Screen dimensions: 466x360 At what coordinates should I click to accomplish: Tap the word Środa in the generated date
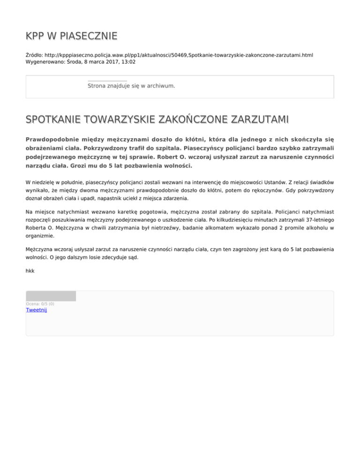[x=73, y=61]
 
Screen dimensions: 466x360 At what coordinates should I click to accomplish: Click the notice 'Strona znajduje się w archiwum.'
[x=131, y=86]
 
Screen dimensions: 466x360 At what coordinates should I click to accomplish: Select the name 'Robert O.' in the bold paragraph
[x=171, y=157]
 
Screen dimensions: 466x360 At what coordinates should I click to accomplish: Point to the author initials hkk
[x=30, y=271]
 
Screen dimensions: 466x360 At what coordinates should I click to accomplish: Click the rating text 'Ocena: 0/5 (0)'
[x=40, y=304]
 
